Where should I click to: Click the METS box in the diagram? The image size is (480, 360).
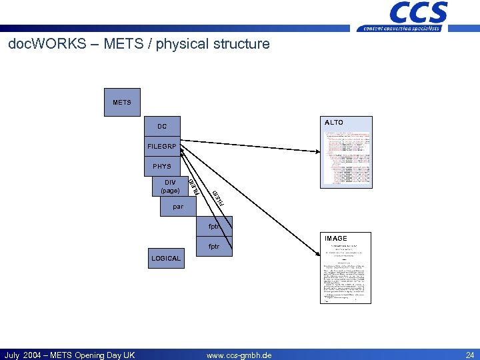point(122,103)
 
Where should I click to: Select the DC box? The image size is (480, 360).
point(163,126)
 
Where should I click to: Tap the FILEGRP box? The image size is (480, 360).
point(163,146)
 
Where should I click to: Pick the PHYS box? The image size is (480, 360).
point(163,166)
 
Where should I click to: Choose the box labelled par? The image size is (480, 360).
point(178,207)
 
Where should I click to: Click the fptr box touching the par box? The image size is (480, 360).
point(215,226)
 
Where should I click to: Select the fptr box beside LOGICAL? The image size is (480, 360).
point(215,246)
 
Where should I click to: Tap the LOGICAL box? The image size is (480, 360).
point(166,258)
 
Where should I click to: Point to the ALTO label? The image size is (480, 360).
point(334,123)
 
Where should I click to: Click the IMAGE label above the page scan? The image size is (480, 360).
point(336,238)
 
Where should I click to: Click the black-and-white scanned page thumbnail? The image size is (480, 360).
point(343,273)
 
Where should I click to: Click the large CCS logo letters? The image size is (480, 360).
point(418,12)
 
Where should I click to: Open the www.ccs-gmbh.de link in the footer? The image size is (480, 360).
point(239,355)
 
